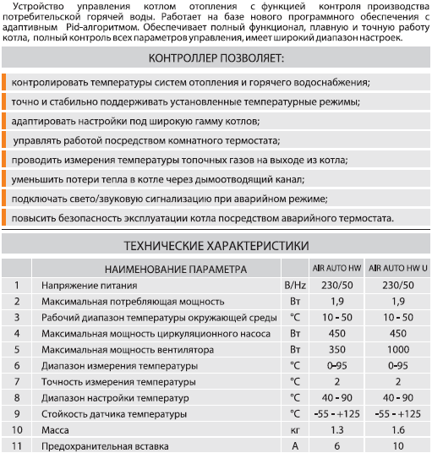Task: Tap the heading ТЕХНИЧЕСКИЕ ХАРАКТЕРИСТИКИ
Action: click(x=216, y=247)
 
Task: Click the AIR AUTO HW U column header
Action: click(x=395, y=270)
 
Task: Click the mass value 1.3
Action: click(x=336, y=429)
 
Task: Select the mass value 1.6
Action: click(x=395, y=429)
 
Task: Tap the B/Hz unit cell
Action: click(x=295, y=286)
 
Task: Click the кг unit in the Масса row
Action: click(x=295, y=429)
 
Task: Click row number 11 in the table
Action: click(x=15, y=445)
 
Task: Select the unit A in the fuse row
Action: click(x=295, y=445)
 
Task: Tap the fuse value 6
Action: click(x=336, y=445)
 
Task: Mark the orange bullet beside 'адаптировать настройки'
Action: click(x=5, y=121)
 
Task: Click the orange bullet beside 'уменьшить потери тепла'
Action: click(x=5, y=179)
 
